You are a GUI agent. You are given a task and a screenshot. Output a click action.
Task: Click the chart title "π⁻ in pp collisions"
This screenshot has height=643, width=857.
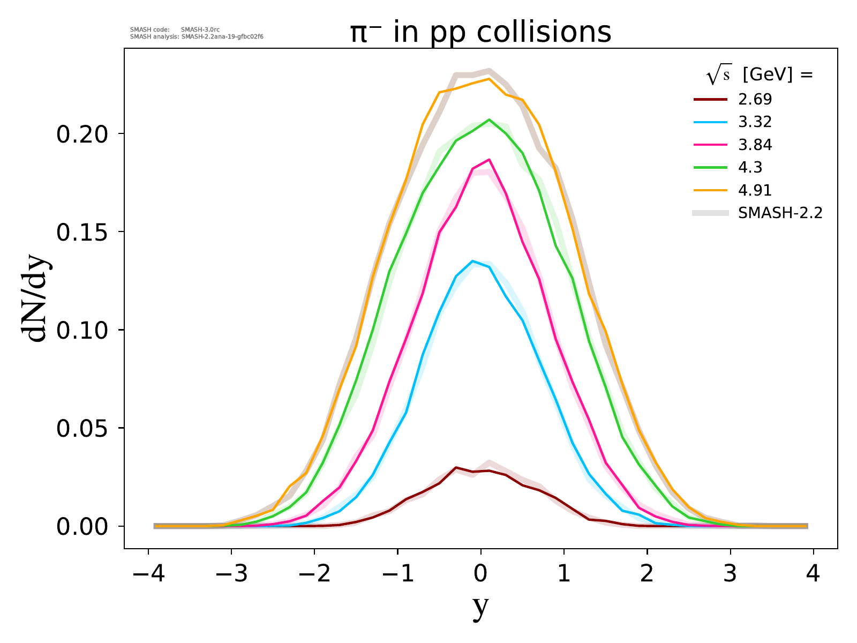480,33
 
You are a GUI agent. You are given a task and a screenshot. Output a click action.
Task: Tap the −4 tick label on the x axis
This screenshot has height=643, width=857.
148,574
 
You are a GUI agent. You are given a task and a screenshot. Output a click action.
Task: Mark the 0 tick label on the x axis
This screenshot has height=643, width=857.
480,574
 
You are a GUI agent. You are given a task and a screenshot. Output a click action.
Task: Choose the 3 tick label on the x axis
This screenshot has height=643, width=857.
730,574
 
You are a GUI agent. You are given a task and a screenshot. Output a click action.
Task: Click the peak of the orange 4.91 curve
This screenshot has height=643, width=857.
488,79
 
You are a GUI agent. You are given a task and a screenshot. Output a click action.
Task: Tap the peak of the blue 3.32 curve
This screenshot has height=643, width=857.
472,261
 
